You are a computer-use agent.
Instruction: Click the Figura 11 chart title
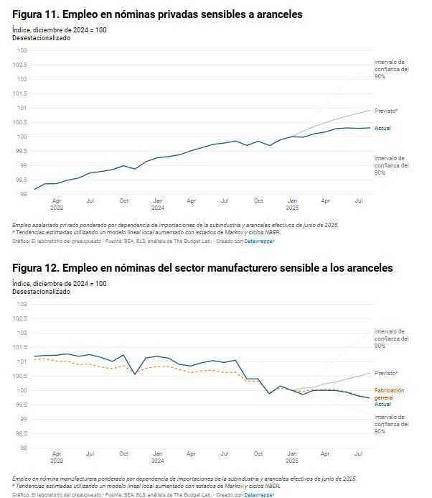tap(157, 14)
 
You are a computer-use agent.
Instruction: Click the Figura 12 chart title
tap(202, 267)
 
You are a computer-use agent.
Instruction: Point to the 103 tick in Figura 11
tap(22, 50)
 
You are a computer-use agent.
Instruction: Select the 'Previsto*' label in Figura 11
tap(386, 111)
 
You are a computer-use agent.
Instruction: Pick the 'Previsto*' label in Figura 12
tap(386, 373)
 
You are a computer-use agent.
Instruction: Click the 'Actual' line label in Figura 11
tap(382, 128)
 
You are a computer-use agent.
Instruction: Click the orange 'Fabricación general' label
tap(390, 393)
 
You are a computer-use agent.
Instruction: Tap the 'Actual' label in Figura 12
tap(382, 404)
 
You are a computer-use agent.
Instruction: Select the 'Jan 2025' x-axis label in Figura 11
tap(292, 205)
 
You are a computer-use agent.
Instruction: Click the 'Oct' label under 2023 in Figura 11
tap(123, 200)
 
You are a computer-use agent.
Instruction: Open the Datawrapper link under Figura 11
tap(259, 241)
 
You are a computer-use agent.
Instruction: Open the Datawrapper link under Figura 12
tap(259, 495)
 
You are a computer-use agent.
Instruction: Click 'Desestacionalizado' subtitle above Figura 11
tap(41, 37)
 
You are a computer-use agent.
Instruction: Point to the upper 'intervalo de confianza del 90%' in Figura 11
tap(391, 70)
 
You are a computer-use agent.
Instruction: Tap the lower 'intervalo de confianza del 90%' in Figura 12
tap(391, 424)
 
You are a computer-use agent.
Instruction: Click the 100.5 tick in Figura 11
tap(20, 122)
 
